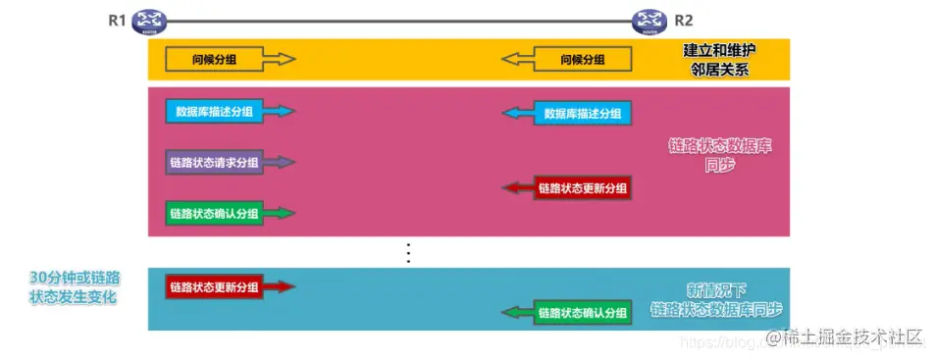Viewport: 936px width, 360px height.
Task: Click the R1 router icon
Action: [x=149, y=20]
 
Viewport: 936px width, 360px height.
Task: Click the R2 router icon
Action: [x=649, y=20]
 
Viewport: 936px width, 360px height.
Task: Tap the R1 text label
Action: [x=118, y=20]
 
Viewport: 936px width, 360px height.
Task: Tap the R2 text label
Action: [x=684, y=20]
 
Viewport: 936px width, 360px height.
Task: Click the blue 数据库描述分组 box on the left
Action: [x=213, y=112]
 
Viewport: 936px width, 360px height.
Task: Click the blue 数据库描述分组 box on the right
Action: [x=583, y=114]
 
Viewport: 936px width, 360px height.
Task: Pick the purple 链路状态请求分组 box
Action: [x=214, y=162]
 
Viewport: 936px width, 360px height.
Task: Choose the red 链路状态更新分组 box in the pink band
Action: [x=583, y=187]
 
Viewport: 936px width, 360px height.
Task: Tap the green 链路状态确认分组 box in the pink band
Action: [x=214, y=213]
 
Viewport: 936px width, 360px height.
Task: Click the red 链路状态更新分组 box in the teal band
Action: [x=214, y=287]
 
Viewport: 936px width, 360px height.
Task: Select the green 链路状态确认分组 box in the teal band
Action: [x=583, y=313]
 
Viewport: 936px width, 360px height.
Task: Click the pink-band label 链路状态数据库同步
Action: [x=719, y=156]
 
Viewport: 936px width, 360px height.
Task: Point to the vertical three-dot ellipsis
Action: [x=409, y=251]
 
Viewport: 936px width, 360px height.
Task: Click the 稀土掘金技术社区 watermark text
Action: [x=851, y=338]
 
